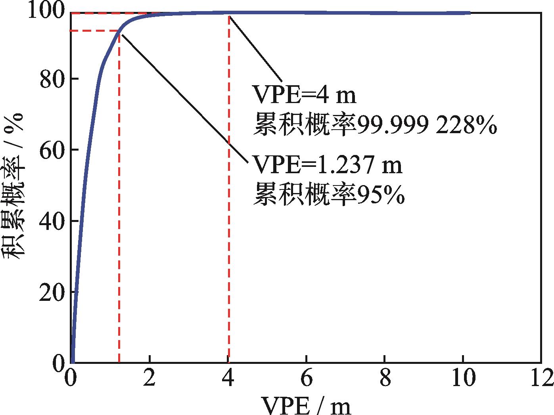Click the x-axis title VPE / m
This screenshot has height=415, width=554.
(x=306, y=404)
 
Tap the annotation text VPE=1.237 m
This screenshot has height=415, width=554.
(x=327, y=165)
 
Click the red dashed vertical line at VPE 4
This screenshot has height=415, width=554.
(x=229, y=198)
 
